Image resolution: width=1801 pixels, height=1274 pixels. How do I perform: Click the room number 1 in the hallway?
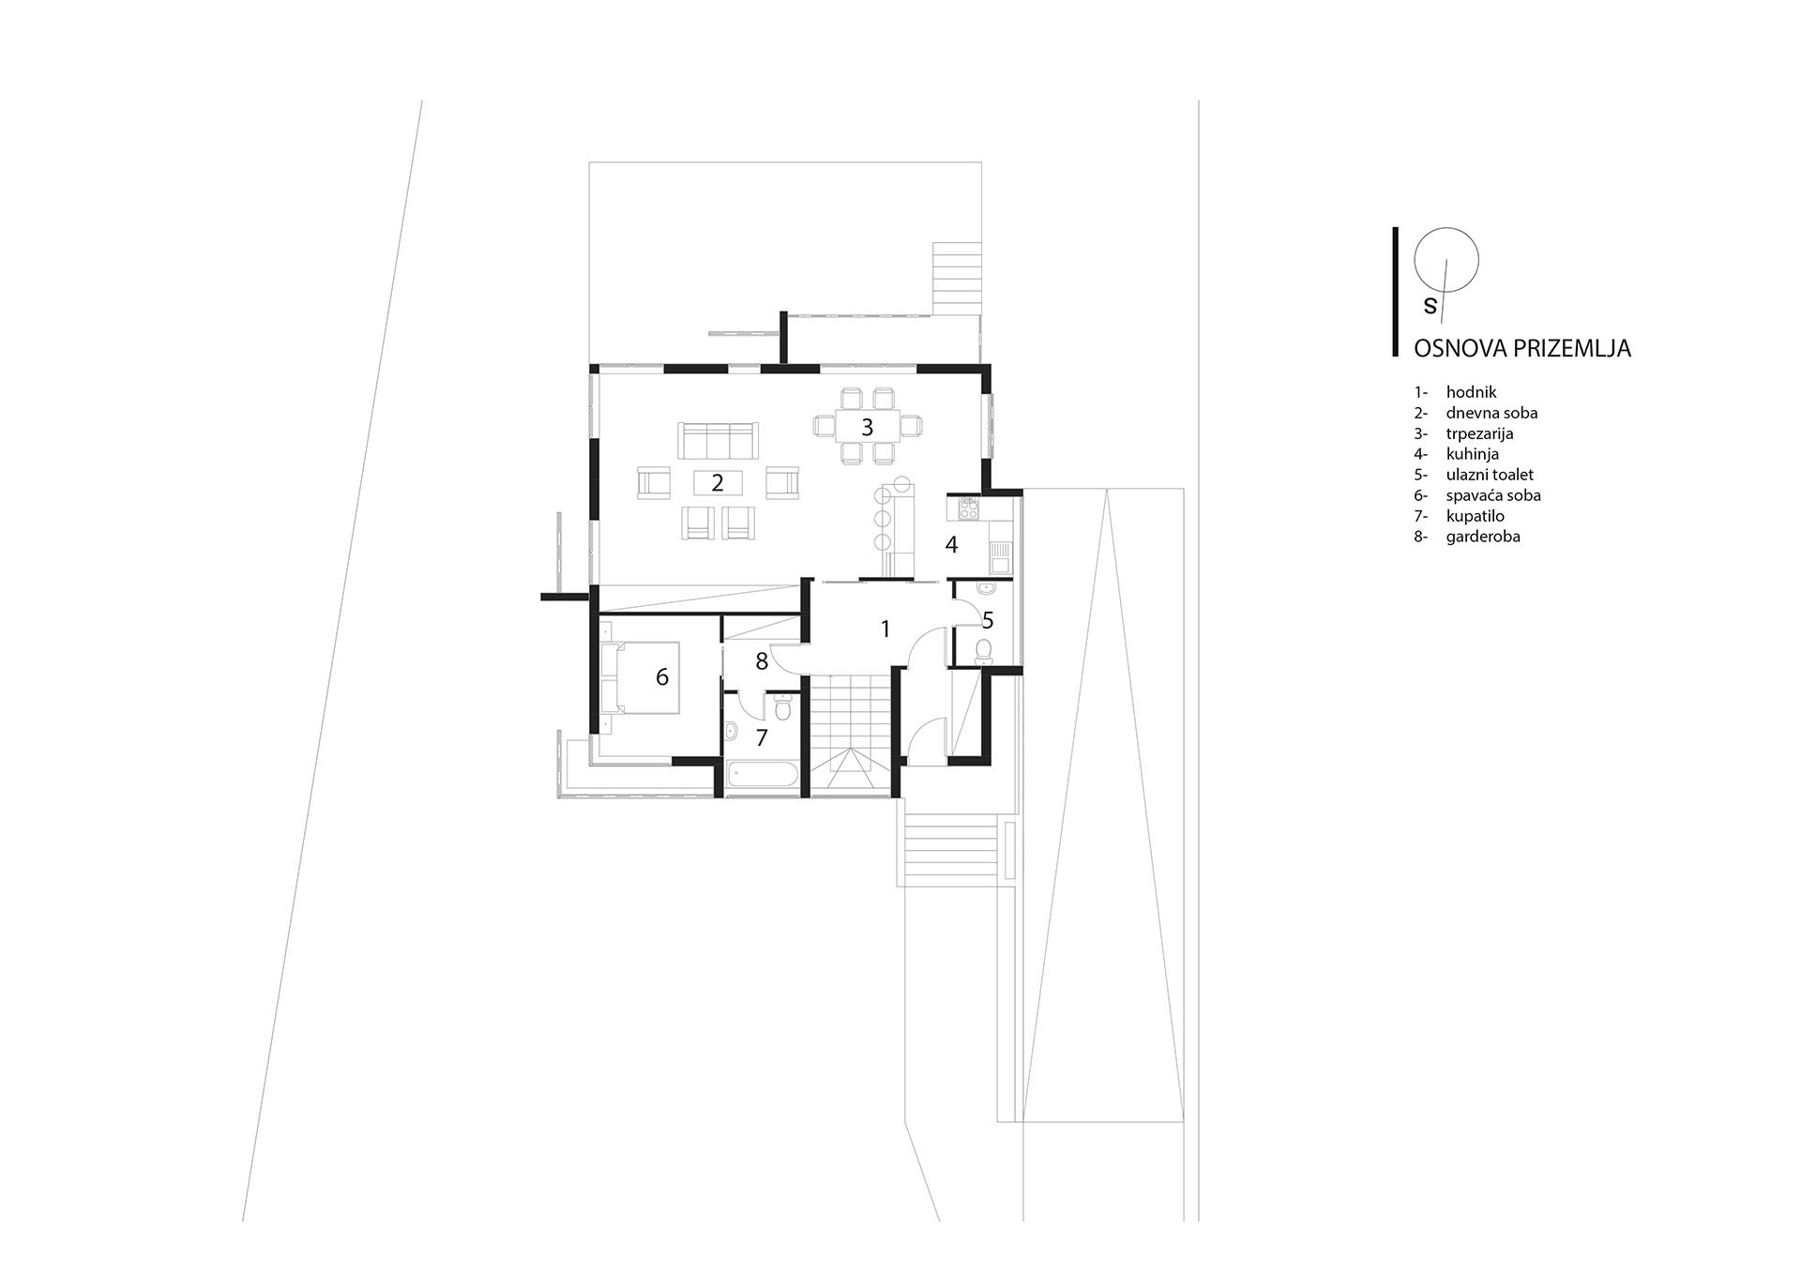(885, 629)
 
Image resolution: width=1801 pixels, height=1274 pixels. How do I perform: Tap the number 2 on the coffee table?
(718, 483)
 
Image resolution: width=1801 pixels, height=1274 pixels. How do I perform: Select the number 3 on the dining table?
(868, 427)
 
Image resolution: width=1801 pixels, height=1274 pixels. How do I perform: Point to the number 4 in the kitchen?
(951, 544)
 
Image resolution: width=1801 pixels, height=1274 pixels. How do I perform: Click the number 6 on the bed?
(662, 676)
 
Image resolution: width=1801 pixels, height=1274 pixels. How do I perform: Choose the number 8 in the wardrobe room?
(762, 661)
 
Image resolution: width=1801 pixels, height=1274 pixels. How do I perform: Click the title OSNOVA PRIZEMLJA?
(1522, 348)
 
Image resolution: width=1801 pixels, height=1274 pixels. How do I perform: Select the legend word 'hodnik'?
(1471, 392)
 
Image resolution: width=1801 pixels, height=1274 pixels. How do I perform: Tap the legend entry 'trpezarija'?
(1479, 433)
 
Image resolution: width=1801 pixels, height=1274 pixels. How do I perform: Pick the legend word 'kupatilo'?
(1475, 516)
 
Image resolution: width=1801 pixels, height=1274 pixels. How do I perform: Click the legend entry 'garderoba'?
(1483, 537)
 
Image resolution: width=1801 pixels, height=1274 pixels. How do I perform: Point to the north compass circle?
(1446, 260)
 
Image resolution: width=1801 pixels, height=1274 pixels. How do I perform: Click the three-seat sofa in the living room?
(718, 439)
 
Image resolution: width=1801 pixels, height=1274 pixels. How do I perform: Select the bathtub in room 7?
(763, 776)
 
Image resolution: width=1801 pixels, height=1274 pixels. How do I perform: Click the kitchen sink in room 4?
(1001, 557)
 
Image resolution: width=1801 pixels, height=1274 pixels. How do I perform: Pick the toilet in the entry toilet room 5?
(984, 650)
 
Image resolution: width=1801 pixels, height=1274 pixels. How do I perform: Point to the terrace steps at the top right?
(957, 279)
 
